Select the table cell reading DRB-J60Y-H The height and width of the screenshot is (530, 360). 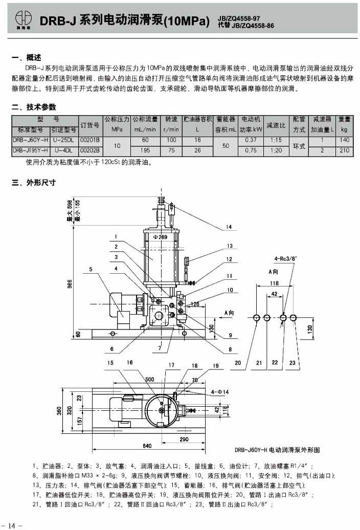coord(31,140)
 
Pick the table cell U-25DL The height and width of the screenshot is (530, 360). coord(64,140)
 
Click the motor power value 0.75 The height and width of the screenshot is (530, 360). coord(251,150)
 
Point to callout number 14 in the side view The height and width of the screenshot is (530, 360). coord(229,227)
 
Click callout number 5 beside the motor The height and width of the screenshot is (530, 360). coord(91,269)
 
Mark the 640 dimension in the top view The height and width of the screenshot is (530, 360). coord(147,446)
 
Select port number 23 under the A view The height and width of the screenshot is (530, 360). coord(292,363)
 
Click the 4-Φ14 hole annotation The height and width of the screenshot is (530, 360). coord(220,391)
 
